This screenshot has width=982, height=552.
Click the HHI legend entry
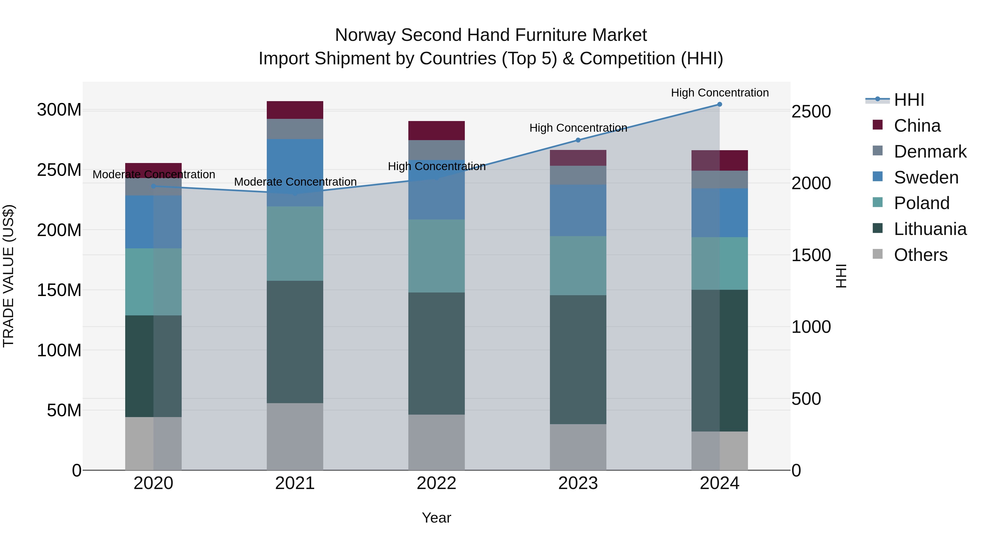click(x=909, y=100)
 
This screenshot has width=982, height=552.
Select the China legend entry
click(x=917, y=126)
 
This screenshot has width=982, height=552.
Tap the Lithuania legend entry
click(x=930, y=229)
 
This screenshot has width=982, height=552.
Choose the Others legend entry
click(x=920, y=255)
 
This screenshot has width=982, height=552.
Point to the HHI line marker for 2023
click(x=578, y=140)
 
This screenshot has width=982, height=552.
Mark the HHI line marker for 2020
click(x=154, y=186)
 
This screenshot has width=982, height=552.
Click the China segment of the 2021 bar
click(x=295, y=110)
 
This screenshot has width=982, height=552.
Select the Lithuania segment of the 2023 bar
click(x=578, y=360)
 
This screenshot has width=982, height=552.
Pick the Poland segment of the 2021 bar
click(x=295, y=244)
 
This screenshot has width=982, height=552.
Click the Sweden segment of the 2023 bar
click(x=578, y=210)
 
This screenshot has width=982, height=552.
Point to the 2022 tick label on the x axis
click(x=436, y=483)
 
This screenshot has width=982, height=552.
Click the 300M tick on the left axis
click(x=59, y=110)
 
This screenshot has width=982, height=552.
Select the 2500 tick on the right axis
click(x=811, y=111)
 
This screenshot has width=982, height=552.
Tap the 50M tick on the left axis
click(x=64, y=410)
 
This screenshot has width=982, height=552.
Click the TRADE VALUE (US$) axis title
click(x=8, y=276)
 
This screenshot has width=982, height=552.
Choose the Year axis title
click(x=436, y=518)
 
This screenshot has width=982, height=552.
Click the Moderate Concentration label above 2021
click(x=295, y=182)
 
